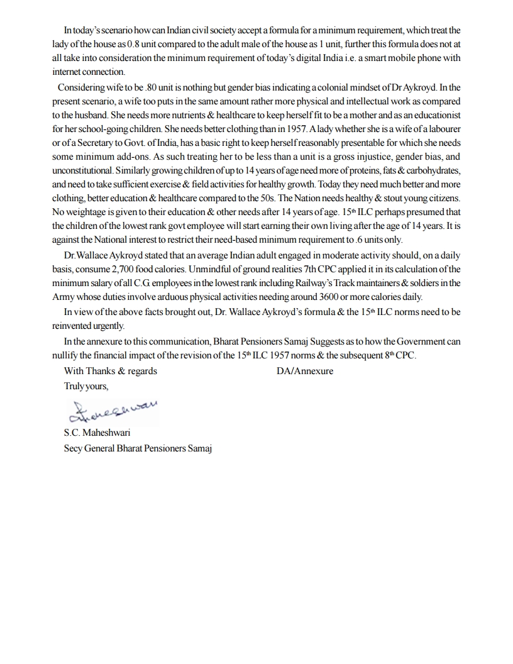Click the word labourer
[442, 129]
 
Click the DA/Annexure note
[305, 370]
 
